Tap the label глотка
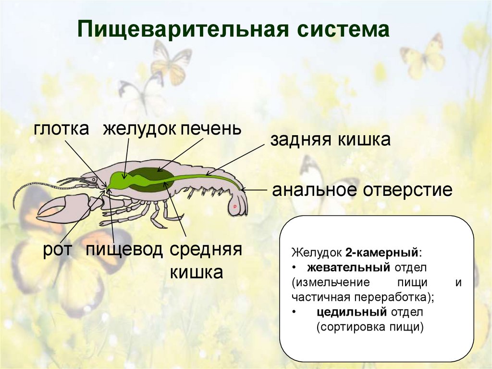coord(61,128)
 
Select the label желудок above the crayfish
coord(137,129)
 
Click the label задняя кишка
coord(330,140)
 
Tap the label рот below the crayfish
coord(58,250)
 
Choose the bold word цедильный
coord(352,312)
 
